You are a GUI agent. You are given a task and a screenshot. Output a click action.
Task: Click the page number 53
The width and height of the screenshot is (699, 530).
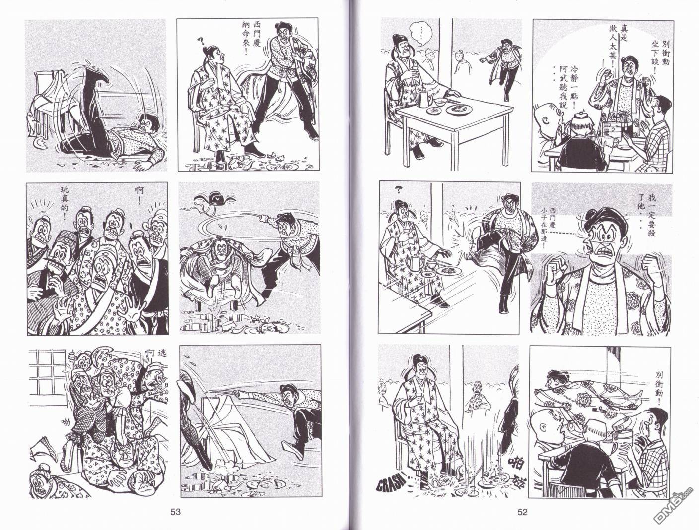[175, 512]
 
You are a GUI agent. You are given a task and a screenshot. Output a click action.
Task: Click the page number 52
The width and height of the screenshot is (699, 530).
[522, 512]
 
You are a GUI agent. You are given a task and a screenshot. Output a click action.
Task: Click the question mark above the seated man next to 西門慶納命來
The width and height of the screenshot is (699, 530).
[200, 41]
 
